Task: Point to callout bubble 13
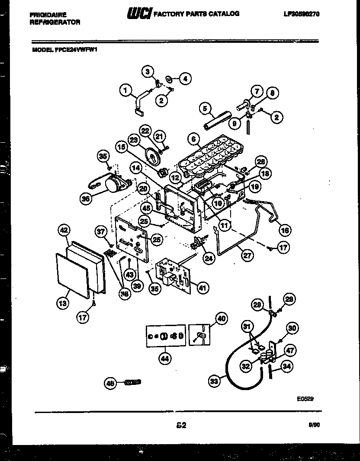pos(63,304)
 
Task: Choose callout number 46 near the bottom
pos(110,382)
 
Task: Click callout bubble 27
pos(247,255)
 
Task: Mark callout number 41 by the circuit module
pos(202,288)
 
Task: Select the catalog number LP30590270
pos(302,14)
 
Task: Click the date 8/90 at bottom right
pos(314,426)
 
